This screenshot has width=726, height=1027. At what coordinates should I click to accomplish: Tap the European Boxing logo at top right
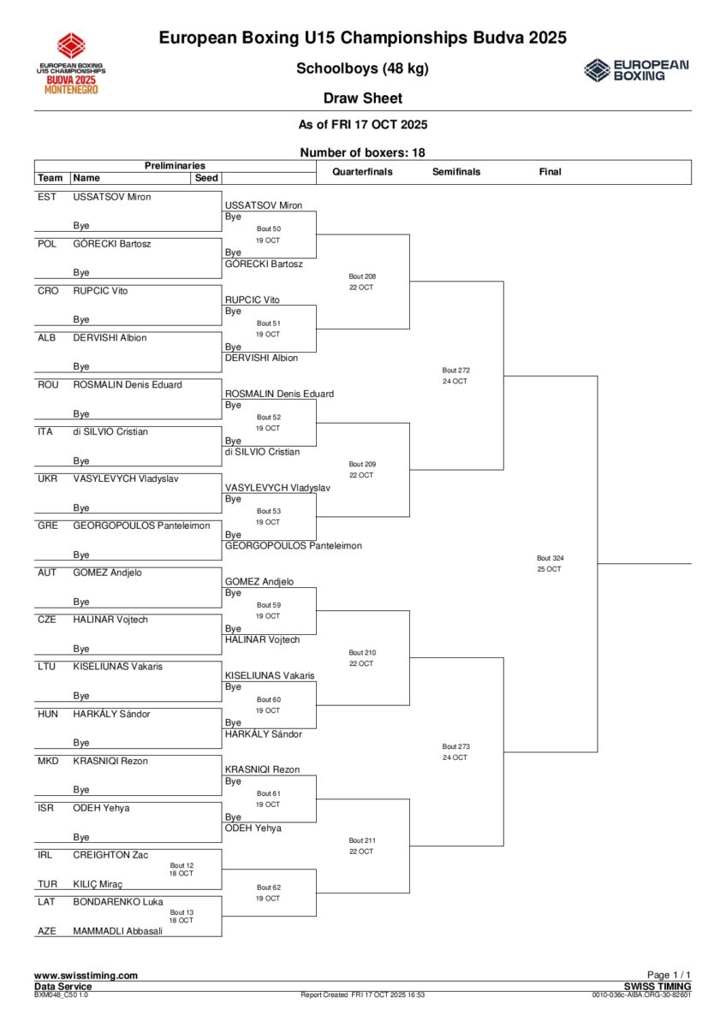[636, 69]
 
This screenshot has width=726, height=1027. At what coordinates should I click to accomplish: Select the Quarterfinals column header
[362, 172]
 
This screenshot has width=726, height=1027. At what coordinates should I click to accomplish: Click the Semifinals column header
[456, 172]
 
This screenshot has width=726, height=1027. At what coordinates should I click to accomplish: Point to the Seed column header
[206, 178]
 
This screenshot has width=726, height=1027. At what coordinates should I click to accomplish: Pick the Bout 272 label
[455, 371]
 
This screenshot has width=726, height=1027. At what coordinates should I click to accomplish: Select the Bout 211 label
[362, 840]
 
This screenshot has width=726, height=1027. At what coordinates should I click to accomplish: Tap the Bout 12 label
[181, 865]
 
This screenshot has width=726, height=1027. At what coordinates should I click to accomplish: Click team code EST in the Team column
[47, 197]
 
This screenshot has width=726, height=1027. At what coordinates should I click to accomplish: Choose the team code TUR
[48, 884]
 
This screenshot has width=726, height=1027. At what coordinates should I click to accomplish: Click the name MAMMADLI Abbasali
[117, 931]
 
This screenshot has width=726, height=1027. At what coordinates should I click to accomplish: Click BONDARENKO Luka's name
[118, 902]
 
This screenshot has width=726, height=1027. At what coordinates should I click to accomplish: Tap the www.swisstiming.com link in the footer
[86, 976]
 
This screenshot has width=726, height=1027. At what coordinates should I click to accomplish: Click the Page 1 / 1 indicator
[669, 976]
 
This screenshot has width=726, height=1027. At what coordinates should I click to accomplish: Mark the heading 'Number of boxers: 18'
[362, 153]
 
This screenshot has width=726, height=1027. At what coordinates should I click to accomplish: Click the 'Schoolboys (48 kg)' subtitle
[362, 68]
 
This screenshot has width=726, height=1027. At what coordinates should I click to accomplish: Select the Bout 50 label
[269, 229]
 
